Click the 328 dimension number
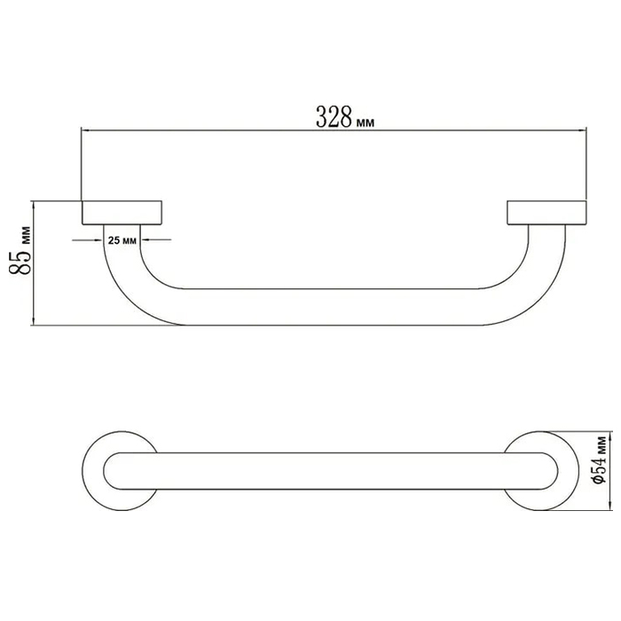[334, 117]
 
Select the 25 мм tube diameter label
[122, 240]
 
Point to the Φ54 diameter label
[601, 460]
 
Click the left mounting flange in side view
[122, 213]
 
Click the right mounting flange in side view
[547, 213]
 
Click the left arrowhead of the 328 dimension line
[84, 130]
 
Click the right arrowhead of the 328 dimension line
[584, 130]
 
